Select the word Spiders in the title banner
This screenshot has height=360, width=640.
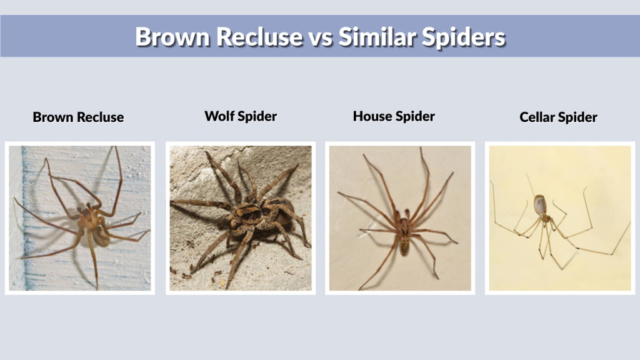tap(466, 37)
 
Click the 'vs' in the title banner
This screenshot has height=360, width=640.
tap(321, 37)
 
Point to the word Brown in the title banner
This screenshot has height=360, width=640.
tap(172, 37)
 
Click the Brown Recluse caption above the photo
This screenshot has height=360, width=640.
tap(78, 117)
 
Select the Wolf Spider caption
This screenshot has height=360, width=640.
tap(241, 116)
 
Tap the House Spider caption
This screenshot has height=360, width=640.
tap(394, 116)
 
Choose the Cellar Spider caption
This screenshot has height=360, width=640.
tap(558, 117)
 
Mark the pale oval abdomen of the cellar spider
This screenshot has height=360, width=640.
tap(539, 204)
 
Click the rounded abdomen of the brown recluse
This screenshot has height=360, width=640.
tap(100, 234)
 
